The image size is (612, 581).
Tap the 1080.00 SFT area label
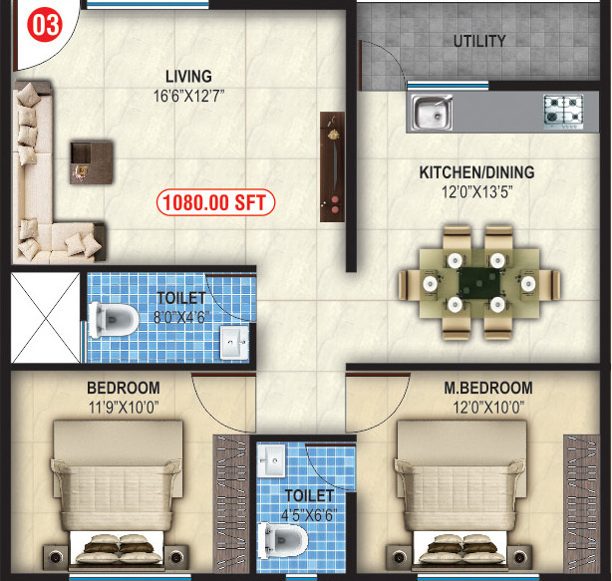point(215,202)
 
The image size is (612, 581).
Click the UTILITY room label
point(479,42)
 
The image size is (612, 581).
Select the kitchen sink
point(432,112)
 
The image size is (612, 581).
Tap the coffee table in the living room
point(92,160)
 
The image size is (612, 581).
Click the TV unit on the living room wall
point(332,166)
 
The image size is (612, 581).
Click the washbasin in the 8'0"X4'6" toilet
point(234,342)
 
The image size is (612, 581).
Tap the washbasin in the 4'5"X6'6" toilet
point(272,459)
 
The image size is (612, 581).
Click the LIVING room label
point(188,77)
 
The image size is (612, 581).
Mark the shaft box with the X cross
point(44,318)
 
